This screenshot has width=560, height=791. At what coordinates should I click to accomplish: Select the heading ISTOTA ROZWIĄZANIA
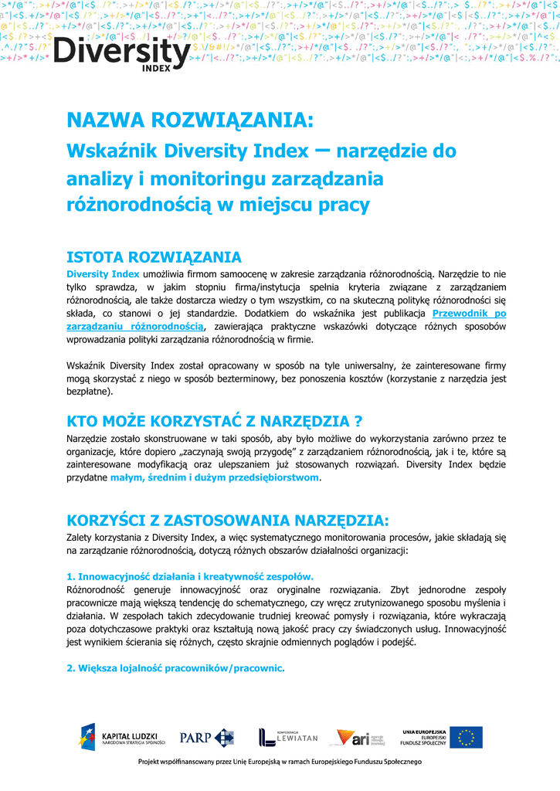[x=154, y=257]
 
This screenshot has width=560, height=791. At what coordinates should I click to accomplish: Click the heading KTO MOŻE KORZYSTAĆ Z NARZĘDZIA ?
[x=215, y=421]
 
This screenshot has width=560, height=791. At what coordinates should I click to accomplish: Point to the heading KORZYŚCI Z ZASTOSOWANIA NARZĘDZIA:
[x=223, y=518]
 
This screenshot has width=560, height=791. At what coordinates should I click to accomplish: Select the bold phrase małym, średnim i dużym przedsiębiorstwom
[x=215, y=478]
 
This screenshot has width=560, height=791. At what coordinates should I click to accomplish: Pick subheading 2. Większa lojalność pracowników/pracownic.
[x=176, y=667]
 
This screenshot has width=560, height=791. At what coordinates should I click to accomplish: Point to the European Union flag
[x=466, y=737]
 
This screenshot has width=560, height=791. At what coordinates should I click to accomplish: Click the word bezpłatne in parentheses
[x=88, y=392]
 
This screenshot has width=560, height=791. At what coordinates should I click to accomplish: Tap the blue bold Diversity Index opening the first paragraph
[x=103, y=273]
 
